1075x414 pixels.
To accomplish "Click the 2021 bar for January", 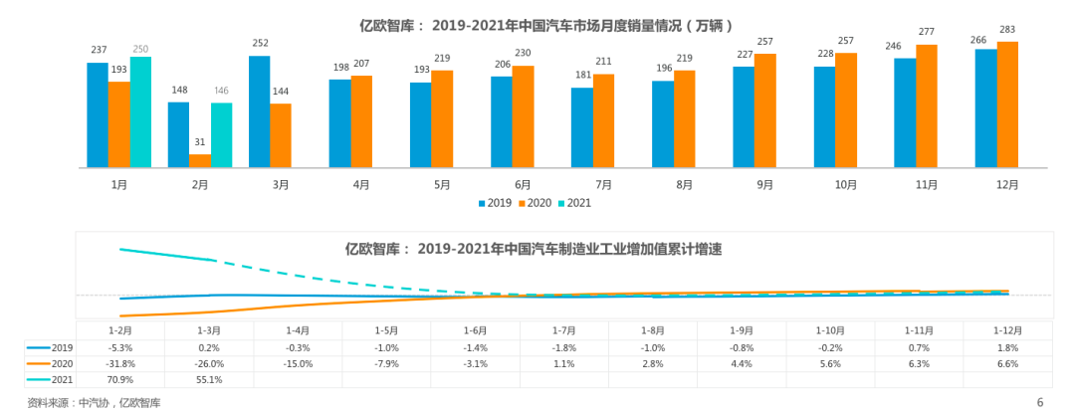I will tap(140, 111).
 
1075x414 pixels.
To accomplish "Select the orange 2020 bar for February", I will tap(200, 160).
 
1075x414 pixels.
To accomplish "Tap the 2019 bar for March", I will tap(260, 111).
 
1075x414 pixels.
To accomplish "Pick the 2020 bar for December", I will tap(1007, 103).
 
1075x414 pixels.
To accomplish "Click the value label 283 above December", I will tap(1007, 29).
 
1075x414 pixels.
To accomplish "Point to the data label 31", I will tap(200, 141).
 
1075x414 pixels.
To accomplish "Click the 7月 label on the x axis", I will tap(603, 184).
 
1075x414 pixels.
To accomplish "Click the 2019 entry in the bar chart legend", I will tap(495, 203).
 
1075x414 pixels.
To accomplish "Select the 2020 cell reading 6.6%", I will tap(1007, 363).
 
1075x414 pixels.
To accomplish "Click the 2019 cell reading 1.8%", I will tap(1007, 347).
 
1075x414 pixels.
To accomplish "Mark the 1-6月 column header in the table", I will tap(475, 329).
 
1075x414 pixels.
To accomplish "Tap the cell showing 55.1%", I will tap(209, 379).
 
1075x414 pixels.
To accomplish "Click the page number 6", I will tap(1040, 402).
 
